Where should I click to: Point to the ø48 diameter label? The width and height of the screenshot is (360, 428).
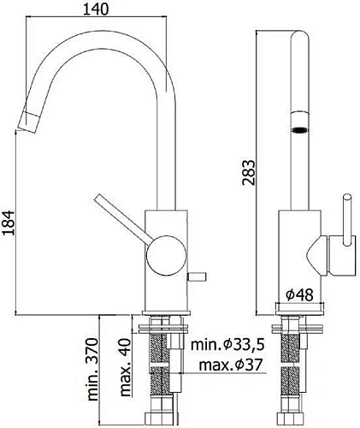coord(299,294)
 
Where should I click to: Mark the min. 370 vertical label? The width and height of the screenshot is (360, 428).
coord(91,369)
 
